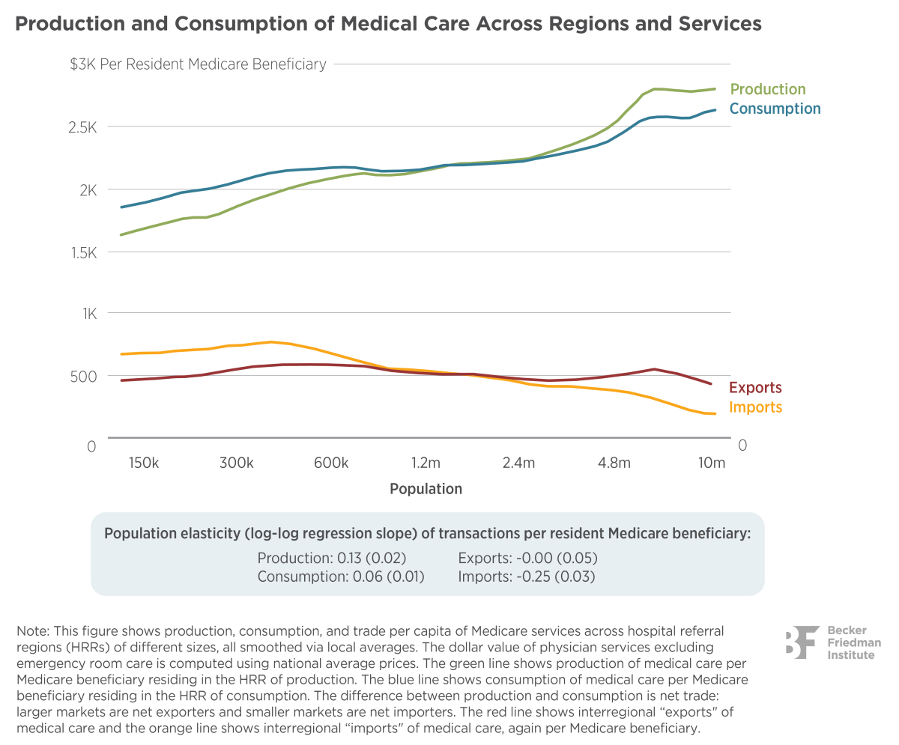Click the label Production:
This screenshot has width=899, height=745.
click(295, 559)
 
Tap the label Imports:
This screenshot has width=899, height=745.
click(484, 577)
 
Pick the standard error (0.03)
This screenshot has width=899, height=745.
click(577, 577)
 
